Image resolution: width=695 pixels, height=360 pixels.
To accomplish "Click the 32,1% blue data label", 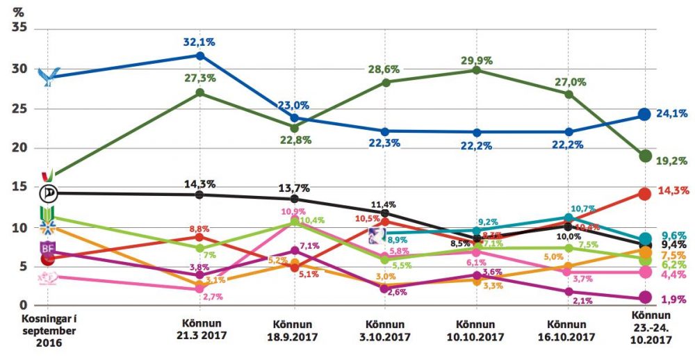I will click(x=200, y=42).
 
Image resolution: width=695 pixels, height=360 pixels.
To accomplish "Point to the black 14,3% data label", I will click(x=200, y=184).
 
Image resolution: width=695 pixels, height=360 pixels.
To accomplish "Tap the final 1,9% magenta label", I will click(x=671, y=299).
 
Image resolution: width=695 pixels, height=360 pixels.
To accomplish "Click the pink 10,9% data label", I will click(x=293, y=211).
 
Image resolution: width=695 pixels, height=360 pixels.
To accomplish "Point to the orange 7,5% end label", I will click(x=671, y=255).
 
